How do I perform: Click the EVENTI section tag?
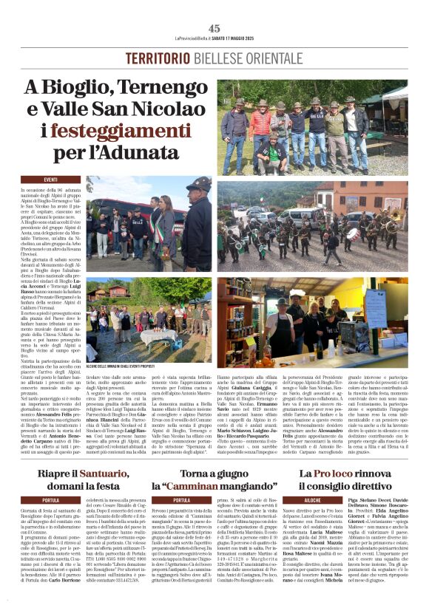point(51,180)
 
